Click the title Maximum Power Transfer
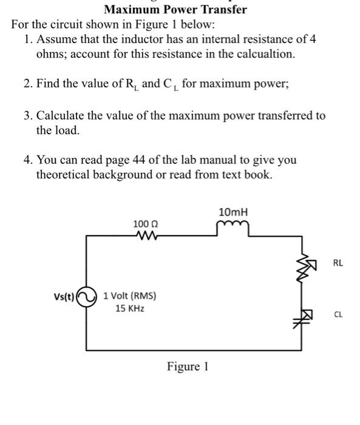point(175,9)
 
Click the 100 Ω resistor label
point(145,225)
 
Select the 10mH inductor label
point(233,212)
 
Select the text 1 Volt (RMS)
point(130,296)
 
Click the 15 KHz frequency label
point(130,308)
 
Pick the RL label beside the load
point(338,263)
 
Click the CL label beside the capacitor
point(338,314)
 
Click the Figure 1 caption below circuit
point(188,367)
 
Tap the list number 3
point(27,115)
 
